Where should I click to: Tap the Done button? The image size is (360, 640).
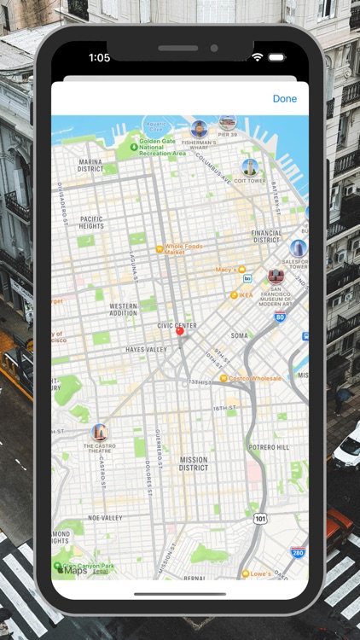point(285,99)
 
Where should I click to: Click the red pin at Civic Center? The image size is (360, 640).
point(179,333)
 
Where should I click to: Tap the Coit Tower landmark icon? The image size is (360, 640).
point(250,167)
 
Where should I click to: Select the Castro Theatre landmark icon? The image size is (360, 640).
point(100,433)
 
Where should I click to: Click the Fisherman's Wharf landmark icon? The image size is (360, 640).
point(200,130)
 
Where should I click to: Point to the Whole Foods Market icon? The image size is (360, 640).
point(159,249)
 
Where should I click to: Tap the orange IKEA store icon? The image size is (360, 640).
point(234,295)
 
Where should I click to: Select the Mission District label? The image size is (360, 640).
point(194,463)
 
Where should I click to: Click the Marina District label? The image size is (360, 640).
point(90,165)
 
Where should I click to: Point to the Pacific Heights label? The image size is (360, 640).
point(92,223)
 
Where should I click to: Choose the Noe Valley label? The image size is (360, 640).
point(106,518)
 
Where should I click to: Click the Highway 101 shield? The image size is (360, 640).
point(260,518)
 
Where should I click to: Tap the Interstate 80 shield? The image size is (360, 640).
point(280,317)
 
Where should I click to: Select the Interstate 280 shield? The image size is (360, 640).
point(298,553)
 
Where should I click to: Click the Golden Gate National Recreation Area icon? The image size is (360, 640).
point(134,147)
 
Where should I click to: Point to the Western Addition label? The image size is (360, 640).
point(123,309)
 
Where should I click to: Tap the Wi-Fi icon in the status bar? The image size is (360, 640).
point(257,57)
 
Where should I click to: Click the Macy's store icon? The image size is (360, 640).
point(241,270)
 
